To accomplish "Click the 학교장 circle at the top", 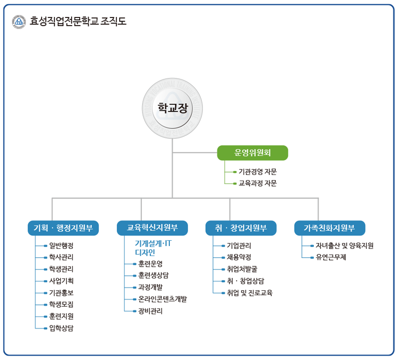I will (x=172, y=108).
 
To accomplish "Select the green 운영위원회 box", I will (x=252, y=152).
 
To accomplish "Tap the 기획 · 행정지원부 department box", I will (x=63, y=228).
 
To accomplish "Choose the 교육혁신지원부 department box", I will (x=152, y=228).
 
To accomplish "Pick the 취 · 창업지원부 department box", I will (x=241, y=228).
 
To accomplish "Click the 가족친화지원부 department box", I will (x=329, y=228).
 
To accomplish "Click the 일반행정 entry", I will (x=61, y=246).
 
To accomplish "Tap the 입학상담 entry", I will (x=61, y=328).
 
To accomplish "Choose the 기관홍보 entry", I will (x=61, y=293).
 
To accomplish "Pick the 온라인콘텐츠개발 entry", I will (x=163, y=299).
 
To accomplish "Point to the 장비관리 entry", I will (x=150, y=311).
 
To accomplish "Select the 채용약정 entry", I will (x=239, y=257).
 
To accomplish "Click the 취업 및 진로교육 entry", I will (x=250, y=293).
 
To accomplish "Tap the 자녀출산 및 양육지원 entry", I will (x=344, y=246).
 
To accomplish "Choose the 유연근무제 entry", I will (x=331, y=257).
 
